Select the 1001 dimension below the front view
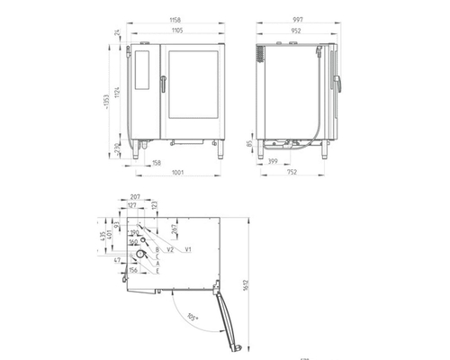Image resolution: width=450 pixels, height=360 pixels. (175, 174)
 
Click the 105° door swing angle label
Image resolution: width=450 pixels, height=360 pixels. (193, 319)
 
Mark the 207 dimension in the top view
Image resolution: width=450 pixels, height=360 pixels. (135, 197)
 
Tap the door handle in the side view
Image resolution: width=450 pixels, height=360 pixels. (340, 83)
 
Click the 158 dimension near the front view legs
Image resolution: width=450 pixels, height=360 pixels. (157, 163)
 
